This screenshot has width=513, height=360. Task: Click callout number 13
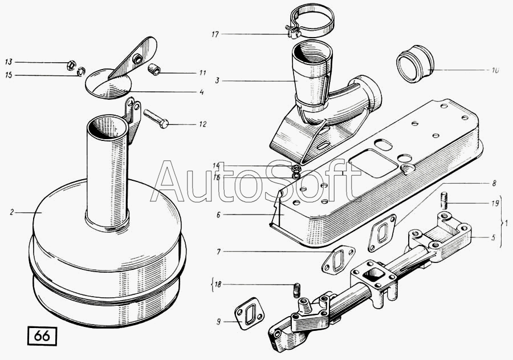[9, 61]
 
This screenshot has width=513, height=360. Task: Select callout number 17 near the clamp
[215, 35]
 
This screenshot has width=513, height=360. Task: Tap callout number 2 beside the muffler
[11, 212]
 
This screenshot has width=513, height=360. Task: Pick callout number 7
[218, 250]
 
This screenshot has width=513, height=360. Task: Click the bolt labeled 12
[155, 119]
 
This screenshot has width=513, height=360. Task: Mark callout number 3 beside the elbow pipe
[217, 80]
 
